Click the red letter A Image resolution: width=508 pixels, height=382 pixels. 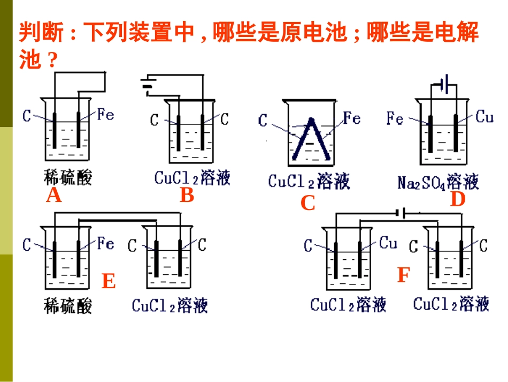(54, 196)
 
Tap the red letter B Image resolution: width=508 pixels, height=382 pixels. (187, 196)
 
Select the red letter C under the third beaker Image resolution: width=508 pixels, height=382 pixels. (308, 204)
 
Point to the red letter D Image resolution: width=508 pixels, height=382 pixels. (458, 199)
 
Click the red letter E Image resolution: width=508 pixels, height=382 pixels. (109, 281)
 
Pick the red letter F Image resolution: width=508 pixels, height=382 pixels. (403, 276)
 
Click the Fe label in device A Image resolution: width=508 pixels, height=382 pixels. (106, 114)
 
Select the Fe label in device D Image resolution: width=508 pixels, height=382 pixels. (395, 118)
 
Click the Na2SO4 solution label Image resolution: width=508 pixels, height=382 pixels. (438, 182)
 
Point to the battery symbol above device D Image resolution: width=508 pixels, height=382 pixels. (444, 85)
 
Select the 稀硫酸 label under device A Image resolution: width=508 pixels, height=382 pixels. (68, 177)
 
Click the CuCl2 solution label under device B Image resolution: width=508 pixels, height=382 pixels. (192, 178)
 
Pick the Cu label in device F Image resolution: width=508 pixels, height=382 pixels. (388, 243)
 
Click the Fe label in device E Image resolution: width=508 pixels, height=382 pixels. (106, 244)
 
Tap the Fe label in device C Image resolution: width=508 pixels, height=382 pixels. (351, 118)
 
